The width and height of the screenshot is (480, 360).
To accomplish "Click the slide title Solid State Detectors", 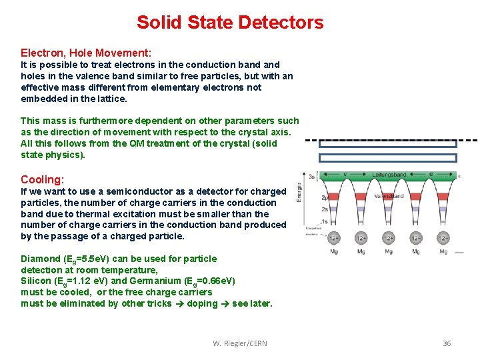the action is click(x=230, y=22).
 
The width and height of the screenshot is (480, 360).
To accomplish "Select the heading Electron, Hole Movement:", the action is click(x=86, y=52).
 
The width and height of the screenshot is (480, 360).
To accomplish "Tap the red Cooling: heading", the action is click(x=42, y=179).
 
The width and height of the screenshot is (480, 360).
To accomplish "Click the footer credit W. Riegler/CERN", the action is click(x=239, y=343).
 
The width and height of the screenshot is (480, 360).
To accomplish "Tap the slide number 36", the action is click(x=446, y=343).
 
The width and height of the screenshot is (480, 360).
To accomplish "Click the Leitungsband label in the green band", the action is click(x=390, y=175).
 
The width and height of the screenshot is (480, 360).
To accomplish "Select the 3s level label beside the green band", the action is click(x=311, y=176).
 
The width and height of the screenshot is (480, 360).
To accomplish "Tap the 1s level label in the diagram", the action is click(x=325, y=221).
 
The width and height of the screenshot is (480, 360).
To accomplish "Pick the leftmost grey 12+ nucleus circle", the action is click(x=333, y=238).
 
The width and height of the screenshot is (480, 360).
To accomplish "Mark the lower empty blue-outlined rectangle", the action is click(x=379, y=158).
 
